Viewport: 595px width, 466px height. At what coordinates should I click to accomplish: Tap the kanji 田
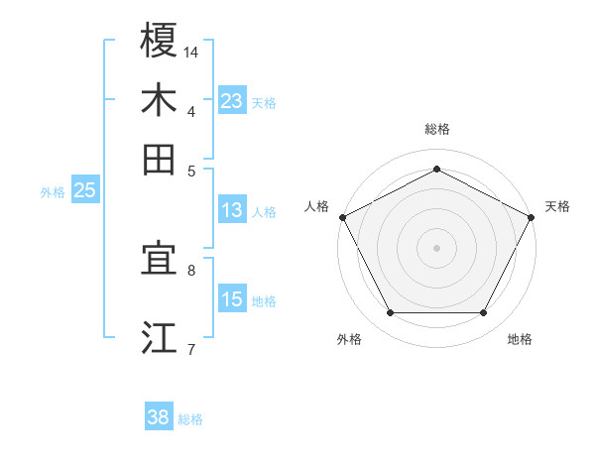pyautogui.click(x=159, y=159)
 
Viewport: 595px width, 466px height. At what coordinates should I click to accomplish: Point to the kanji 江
pyautogui.click(x=159, y=337)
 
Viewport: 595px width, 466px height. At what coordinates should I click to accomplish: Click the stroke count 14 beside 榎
pyautogui.click(x=191, y=52)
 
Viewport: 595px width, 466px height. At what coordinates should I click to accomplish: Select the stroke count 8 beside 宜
pyautogui.click(x=191, y=269)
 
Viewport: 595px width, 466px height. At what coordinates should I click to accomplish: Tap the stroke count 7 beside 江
pyautogui.click(x=191, y=348)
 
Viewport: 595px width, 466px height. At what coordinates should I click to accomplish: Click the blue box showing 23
pyautogui.click(x=231, y=101)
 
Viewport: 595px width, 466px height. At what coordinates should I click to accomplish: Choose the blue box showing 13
pyautogui.click(x=231, y=210)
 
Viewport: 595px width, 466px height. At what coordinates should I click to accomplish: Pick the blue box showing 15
pyautogui.click(x=231, y=299)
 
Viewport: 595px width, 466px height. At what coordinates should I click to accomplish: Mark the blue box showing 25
pyautogui.click(x=84, y=190)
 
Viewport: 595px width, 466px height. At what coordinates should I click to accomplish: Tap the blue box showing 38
pyautogui.click(x=158, y=417)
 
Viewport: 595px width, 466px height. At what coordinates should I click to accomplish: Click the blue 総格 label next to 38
pyautogui.click(x=190, y=419)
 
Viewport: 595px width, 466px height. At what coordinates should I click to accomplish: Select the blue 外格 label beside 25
pyautogui.click(x=52, y=192)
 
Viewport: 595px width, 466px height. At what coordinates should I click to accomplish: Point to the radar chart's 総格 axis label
pyautogui.click(x=436, y=129)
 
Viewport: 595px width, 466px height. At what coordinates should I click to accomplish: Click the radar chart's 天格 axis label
pyautogui.click(x=557, y=206)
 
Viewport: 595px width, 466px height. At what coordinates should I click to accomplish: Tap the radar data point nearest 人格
pyautogui.click(x=341, y=216)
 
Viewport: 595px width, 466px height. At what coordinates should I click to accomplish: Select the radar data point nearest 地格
pyautogui.click(x=484, y=313)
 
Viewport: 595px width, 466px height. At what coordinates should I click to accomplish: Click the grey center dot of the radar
pyautogui.click(x=436, y=247)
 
